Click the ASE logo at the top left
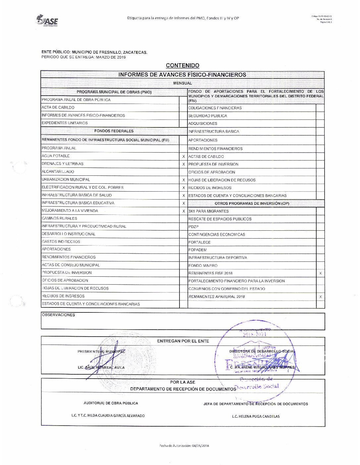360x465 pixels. coord(47,21)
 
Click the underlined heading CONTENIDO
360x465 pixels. coord(182,66)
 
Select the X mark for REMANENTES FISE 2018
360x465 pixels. coord(320,273)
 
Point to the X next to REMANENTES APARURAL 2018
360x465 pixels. coord(320,297)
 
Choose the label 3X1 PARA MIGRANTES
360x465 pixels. coord(208,211)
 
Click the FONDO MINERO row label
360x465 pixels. coord(203,265)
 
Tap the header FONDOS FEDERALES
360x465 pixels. coord(114,131)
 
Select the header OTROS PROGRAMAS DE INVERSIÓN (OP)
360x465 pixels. coord(252,204)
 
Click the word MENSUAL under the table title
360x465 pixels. coord(182,83)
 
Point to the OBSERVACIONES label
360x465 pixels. coord(58,315)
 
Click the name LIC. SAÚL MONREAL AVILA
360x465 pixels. coord(101,367)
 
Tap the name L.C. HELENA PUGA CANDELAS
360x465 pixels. coord(256,416)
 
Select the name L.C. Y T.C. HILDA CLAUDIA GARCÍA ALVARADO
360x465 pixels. coord(108,415)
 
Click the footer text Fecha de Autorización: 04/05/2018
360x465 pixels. coord(184,445)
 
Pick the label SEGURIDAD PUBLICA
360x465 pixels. coord(208,116)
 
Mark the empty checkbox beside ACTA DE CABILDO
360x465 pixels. coord(183,108)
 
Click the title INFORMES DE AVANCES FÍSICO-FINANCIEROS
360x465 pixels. coord(182,75)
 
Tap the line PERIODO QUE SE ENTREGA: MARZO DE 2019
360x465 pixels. coord(83,57)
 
